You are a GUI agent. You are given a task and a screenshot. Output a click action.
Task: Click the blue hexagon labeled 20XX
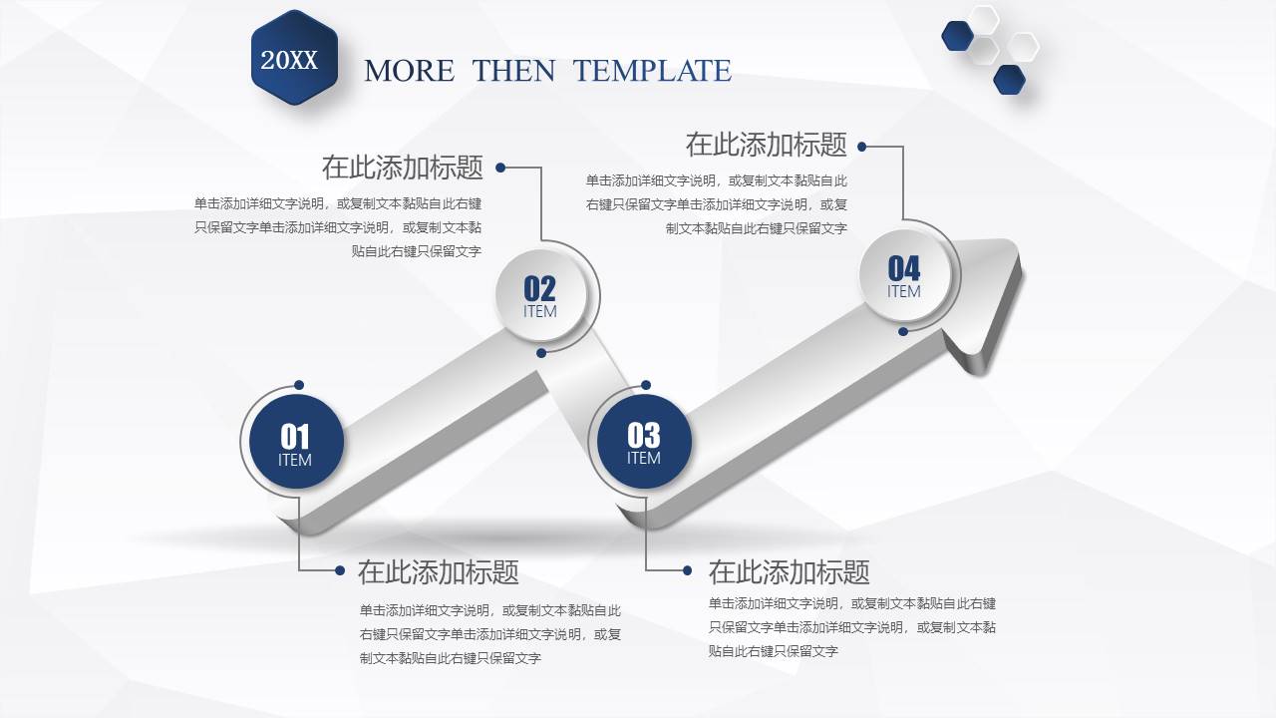click(x=294, y=59)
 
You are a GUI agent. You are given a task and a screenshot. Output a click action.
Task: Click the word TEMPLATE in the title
click(x=652, y=71)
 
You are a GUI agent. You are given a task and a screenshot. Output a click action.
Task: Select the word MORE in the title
click(x=409, y=71)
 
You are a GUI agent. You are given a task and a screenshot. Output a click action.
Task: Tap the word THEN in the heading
click(x=513, y=71)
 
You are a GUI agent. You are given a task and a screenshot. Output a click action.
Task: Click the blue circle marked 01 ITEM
click(x=295, y=443)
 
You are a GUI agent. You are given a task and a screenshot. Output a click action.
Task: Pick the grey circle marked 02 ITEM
click(x=540, y=294)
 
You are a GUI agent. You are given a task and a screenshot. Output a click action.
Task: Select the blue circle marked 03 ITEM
click(x=643, y=442)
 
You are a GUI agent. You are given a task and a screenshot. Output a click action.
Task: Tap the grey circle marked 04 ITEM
click(x=904, y=274)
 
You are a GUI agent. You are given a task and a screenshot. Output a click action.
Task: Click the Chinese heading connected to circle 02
click(x=402, y=167)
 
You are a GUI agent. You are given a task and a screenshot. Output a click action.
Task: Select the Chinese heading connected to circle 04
click(x=766, y=145)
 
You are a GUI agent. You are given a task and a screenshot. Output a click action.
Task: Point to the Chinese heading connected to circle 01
click(x=438, y=571)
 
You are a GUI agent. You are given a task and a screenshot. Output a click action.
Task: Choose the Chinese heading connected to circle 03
click(x=789, y=571)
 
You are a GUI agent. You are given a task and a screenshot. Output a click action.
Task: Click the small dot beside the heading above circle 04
click(x=862, y=147)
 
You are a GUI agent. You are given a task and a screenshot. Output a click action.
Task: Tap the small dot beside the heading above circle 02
click(x=500, y=168)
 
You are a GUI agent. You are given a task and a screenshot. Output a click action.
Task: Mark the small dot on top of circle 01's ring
click(x=299, y=385)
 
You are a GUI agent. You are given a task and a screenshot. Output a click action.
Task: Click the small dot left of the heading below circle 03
click(x=687, y=570)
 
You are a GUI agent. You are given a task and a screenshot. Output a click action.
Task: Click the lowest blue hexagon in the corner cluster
click(x=1009, y=80)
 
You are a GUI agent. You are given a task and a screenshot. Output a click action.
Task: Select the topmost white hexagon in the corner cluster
click(x=985, y=19)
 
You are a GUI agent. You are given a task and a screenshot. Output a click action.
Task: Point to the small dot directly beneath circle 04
click(x=903, y=331)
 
